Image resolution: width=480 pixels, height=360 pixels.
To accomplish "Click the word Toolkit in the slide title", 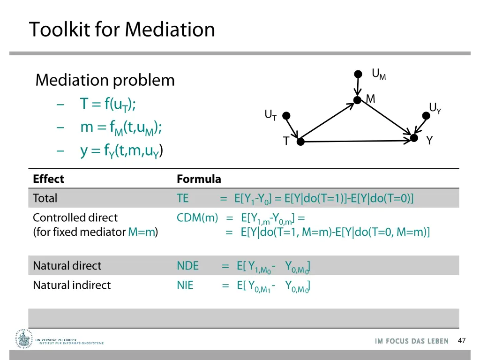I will click(60, 30).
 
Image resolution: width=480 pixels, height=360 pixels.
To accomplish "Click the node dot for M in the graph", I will click(358, 100).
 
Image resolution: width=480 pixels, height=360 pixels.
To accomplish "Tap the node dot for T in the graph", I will click(300, 141).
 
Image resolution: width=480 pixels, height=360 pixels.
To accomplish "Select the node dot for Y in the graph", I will click(414, 138).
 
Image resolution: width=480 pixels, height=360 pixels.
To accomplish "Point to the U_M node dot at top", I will click(358, 74).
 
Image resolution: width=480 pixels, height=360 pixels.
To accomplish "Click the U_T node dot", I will click(286, 116).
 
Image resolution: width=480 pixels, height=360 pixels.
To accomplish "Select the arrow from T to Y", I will click(356, 141).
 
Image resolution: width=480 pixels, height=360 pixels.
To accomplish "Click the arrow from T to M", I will click(328, 121).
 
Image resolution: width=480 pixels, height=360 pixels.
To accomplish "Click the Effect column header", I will click(48, 179).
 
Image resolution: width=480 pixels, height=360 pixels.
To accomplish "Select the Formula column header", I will click(199, 179).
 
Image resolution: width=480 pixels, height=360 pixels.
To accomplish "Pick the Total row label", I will click(45, 198).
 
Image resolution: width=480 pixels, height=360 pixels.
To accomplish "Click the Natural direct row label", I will click(67, 266).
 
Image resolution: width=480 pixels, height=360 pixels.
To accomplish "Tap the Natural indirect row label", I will click(72, 285).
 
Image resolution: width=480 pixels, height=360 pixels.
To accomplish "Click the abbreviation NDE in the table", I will click(187, 266).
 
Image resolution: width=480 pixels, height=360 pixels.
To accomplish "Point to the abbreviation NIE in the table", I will click(185, 285).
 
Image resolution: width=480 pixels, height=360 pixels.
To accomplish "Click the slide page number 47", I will click(462, 341).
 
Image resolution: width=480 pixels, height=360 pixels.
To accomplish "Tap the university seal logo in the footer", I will click(22, 338).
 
